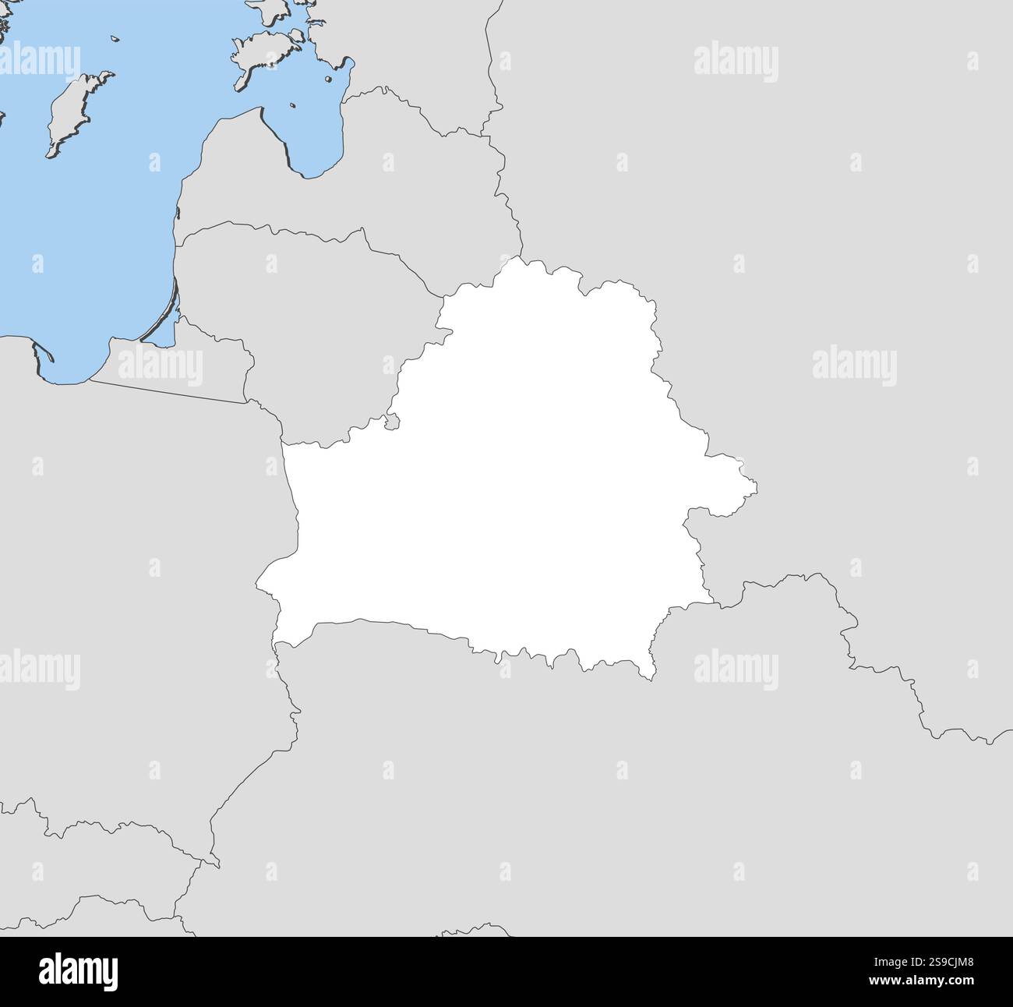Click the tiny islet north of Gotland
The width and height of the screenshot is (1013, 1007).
(114, 38)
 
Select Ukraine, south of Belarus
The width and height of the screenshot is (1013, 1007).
(545, 779)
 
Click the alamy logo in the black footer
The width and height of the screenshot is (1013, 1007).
(78, 972)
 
